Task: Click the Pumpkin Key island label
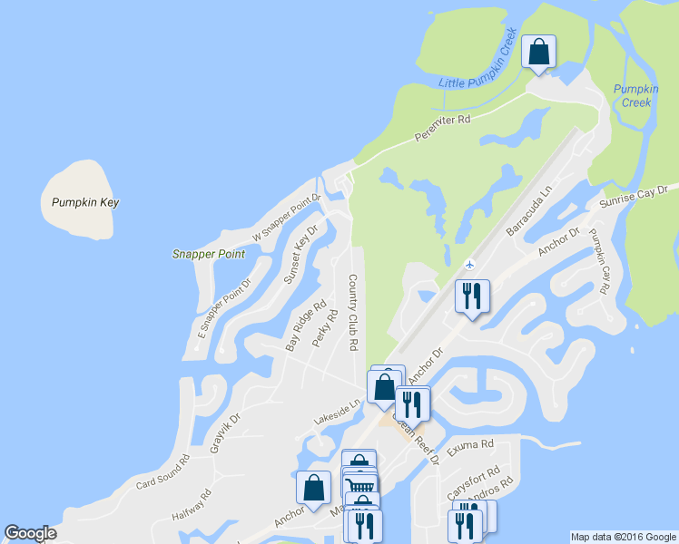(x=85, y=202)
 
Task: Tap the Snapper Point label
(x=209, y=254)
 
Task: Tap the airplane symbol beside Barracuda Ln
(x=469, y=264)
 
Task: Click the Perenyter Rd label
(x=442, y=128)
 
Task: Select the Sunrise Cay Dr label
(x=635, y=196)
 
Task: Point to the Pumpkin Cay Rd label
(x=597, y=260)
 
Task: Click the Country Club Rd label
(x=352, y=313)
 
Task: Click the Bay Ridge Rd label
(x=306, y=326)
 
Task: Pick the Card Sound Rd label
(x=162, y=470)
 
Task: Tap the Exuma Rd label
(x=473, y=445)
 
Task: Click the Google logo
(x=31, y=533)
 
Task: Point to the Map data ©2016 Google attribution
(x=622, y=537)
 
